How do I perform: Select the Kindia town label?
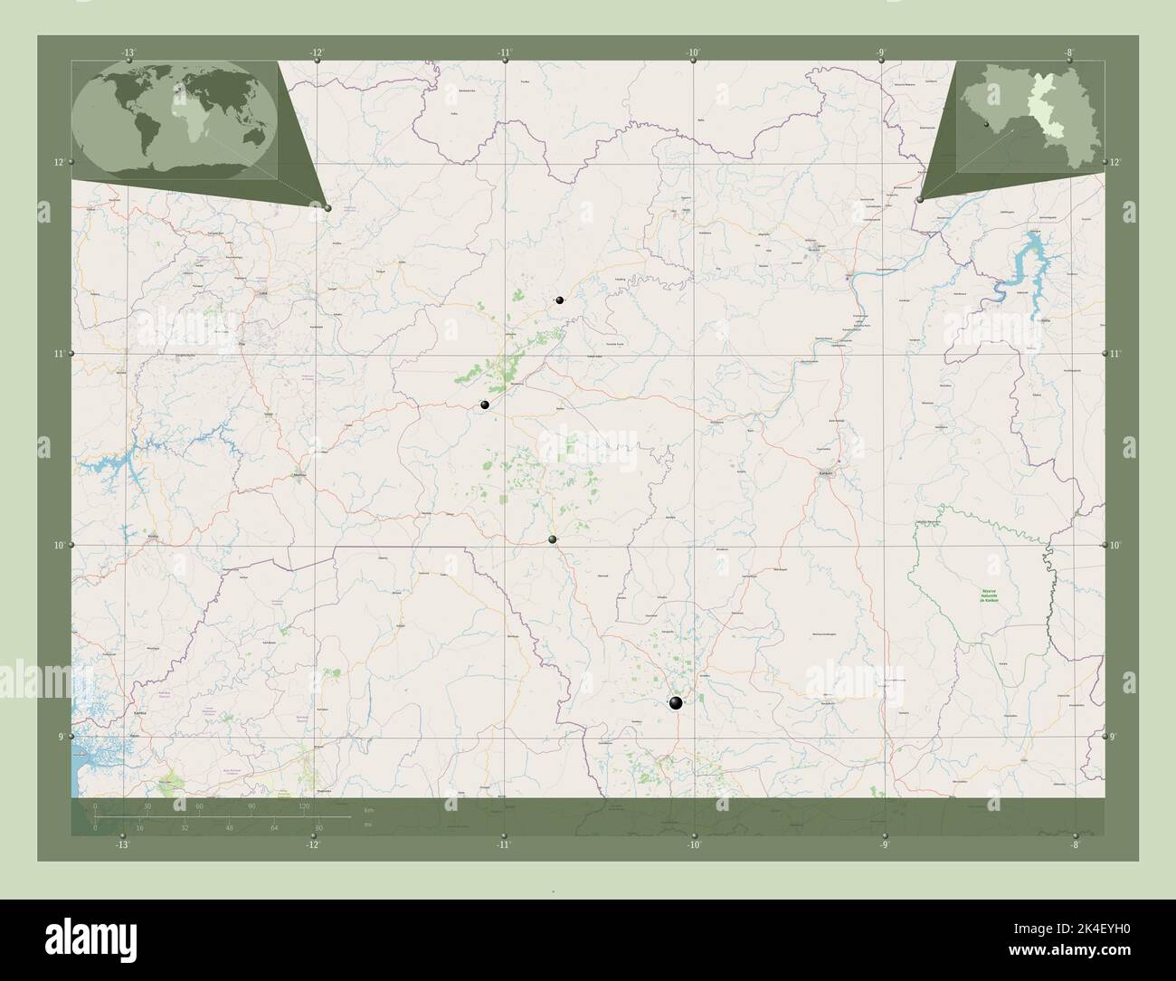point(151,536)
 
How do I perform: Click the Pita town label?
point(241,344)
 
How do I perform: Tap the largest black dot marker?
point(675,702)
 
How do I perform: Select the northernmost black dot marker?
point(560,300)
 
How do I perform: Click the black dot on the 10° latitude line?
point(553,539)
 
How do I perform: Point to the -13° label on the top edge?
point(129,53)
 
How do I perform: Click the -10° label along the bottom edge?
point(694,844)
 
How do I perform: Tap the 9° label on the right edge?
point(1114,737)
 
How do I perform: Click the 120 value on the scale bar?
point(305,805)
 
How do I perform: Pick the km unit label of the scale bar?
point(368,809)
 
